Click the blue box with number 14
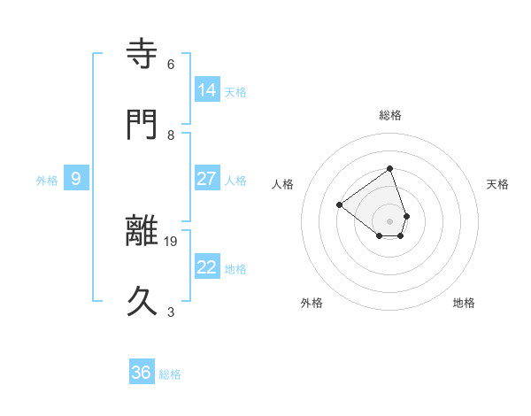tap(207, 89)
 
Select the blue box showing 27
tap(207, 178)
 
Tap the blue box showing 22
tap(207, 266)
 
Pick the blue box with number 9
tap(76, 179)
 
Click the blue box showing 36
tap(142, 373)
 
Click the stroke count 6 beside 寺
tap(171, 64)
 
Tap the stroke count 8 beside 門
tap(171, 135)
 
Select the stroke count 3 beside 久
tap(171, 312)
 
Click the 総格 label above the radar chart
tap(389, 114)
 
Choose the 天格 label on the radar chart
tap(497, 184)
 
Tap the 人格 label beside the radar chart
tap(282, 184)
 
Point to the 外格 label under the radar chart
tap(312, 303)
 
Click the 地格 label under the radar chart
tap(464, 303)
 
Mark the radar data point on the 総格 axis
tap(389, 168)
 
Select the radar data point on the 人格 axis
tap(339, 204)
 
